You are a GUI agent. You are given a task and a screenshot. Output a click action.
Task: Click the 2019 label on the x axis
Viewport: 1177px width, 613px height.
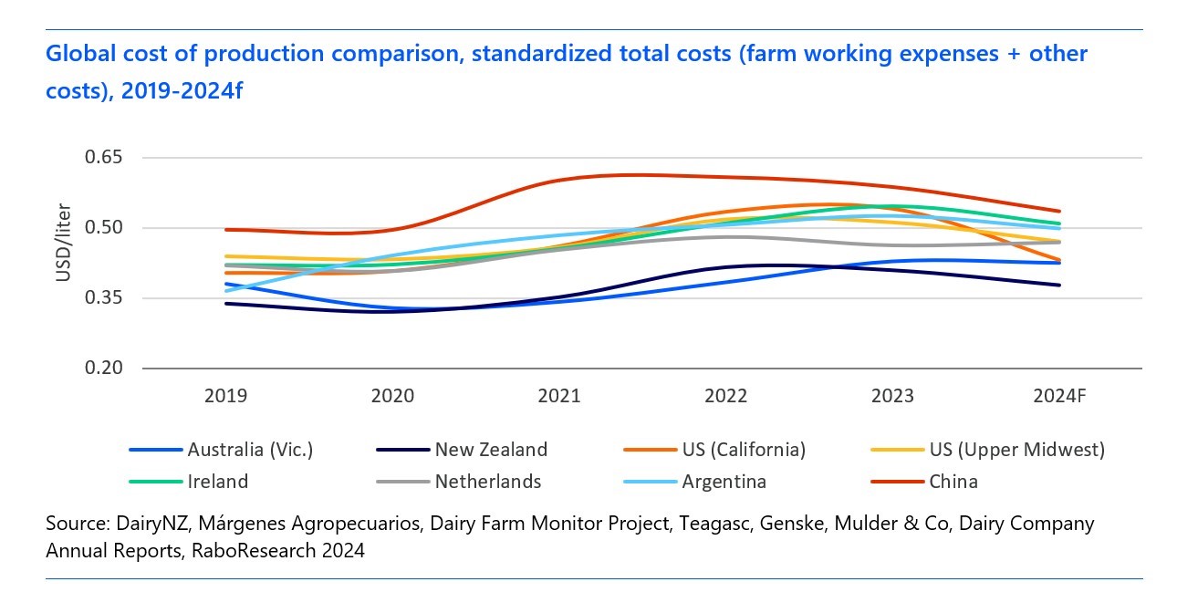click(225, 397)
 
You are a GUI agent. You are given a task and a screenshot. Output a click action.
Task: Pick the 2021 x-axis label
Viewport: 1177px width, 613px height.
click(559, 397)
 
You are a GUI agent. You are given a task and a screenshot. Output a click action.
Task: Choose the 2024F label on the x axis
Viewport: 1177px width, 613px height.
click(1059, 397)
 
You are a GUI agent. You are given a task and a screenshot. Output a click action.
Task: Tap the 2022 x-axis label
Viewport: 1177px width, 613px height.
click(726, 397)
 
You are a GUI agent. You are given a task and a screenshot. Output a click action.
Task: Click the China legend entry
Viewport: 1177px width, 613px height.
click(953, 482)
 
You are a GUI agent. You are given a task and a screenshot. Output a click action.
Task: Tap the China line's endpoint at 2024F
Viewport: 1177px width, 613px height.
click(1059, 212)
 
